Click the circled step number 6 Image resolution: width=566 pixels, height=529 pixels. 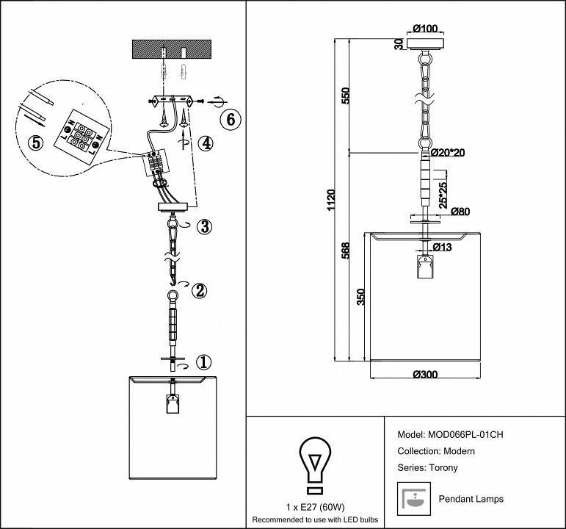(x=230, y=119)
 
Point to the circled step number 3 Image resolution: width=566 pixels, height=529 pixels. (x=204, y=227)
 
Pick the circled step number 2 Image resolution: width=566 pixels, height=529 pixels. (x=198, y=290)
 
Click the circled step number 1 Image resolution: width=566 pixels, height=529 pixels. (x=204, y=361)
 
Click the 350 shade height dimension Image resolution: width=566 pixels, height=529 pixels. (x=360, y=298)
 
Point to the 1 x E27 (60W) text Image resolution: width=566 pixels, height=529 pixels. (x=313, y=508)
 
